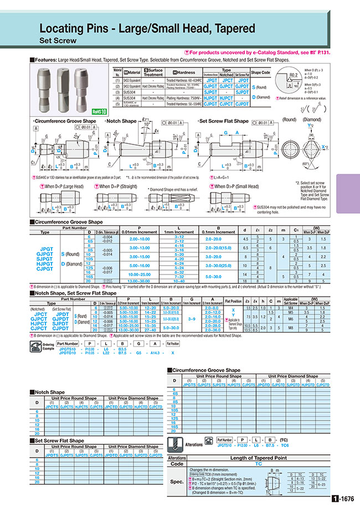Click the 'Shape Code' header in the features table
point(260,72)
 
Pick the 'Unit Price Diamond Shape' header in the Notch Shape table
point(133,398)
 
